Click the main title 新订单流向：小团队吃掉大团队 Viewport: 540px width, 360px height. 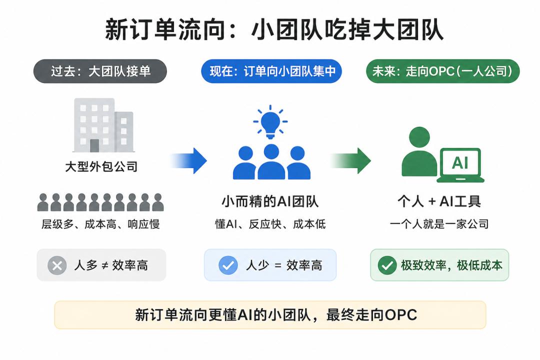[x=274, y=30]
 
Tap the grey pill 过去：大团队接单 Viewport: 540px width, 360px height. [x=100, y=71]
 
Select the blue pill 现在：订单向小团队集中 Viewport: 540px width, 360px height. [x=271, y=71]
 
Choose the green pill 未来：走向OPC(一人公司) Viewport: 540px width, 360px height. [x=442, y=71]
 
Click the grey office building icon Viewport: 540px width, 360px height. [x=103, y=125]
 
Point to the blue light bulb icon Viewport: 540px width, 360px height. [x=270, y=122]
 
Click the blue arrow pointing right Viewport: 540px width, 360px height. [x=188, y=160]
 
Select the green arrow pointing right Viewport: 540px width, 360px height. [x=351, y=160]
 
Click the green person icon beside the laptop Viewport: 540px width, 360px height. [x=419, y=151]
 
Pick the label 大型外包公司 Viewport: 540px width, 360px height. [x=101, y=166]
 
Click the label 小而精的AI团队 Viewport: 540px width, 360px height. [x=270, y=201]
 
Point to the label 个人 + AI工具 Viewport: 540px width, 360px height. [x=439, y=201]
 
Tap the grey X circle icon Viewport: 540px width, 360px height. [x=57, y=265]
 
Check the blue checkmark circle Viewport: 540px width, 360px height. [x=228, y=265]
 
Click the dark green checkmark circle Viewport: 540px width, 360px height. [x=387, y=265]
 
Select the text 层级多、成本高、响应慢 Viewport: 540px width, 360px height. [x=100, y=224]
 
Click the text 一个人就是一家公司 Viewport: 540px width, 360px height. [x=439, y=224]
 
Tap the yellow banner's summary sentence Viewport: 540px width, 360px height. [x=276, y=315]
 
